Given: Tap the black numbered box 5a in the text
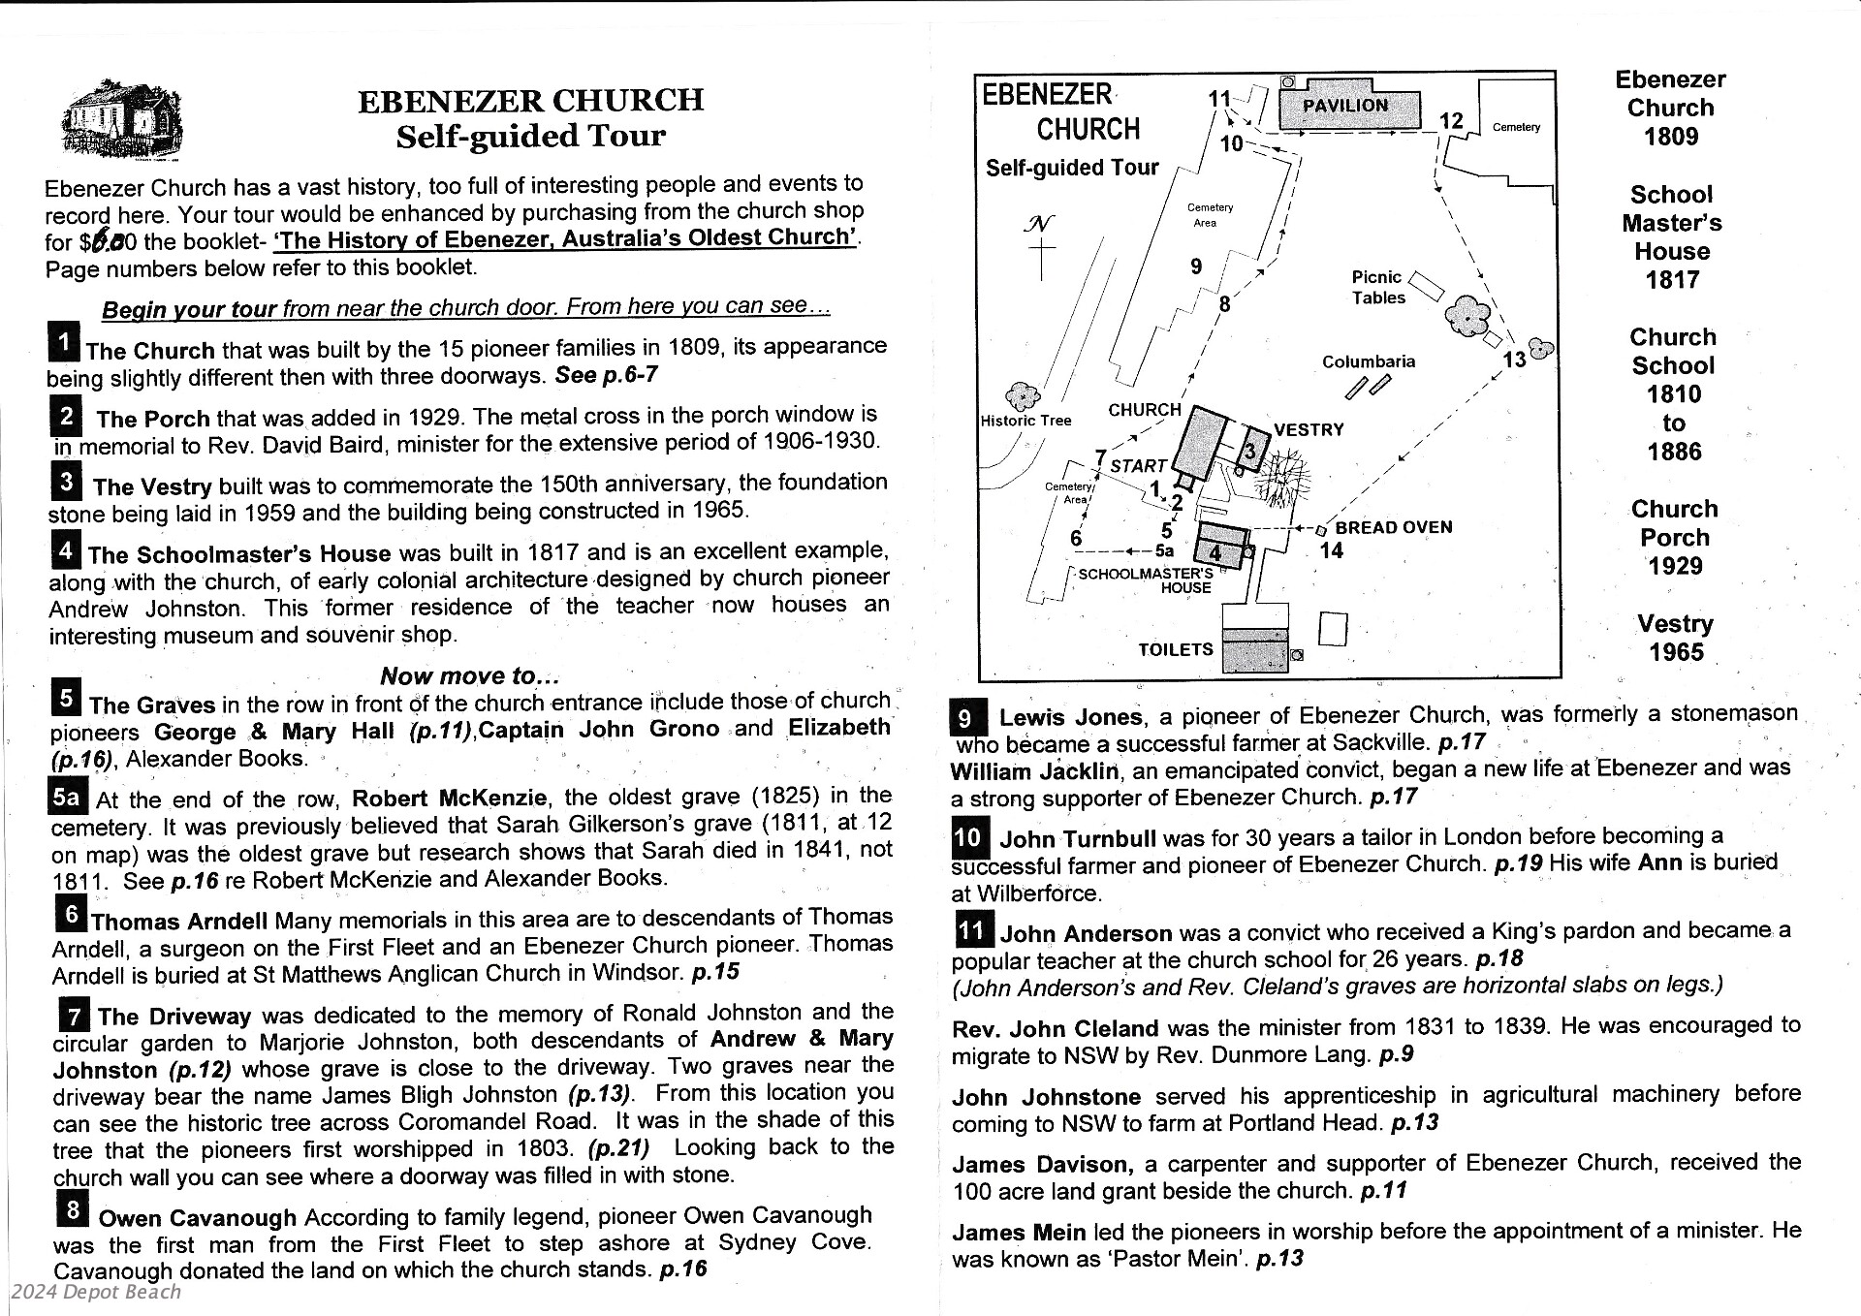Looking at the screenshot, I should [67, 798].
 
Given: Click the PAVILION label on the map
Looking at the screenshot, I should [1344, 106].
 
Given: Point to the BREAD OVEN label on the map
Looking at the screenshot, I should [1393, 527].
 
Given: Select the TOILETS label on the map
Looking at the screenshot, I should [1175, 649].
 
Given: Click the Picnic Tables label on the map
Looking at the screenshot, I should [1377, 288].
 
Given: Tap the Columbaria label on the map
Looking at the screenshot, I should [1368, 361].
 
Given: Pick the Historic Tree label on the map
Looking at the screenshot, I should [1025, 421].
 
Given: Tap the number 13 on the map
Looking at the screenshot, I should [1514, 360].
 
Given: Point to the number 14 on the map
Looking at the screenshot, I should [1332, 550].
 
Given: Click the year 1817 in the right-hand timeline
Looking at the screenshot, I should [1672, 280].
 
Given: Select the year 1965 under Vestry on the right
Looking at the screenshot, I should [1676, 652].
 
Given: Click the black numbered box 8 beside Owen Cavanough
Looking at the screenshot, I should [72, 1210].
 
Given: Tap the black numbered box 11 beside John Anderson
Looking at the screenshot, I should [972, 930].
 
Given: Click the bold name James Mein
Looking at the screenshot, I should [1018, 1233].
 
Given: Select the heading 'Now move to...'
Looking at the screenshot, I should [469, 675].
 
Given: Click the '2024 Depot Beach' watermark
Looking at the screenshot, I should [96, 1292].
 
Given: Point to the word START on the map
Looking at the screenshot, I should [1138, 466].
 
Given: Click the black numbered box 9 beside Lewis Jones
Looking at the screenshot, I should [968, 718].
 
